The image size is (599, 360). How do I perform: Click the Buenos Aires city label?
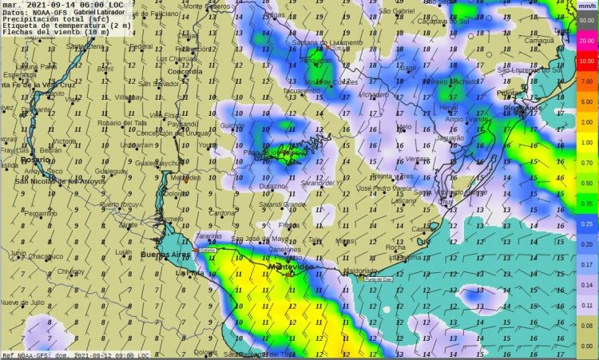[162, 255]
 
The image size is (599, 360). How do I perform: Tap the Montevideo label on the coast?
[289, 267]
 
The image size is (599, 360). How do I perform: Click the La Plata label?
[189, 273]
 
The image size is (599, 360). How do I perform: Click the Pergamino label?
[41, 214]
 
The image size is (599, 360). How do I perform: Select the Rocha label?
[395, 247]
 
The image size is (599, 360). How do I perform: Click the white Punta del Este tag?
[378, 279]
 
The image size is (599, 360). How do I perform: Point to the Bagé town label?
[408, 68]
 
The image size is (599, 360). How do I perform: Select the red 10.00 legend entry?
[586, 61]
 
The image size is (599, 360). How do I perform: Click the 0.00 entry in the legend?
[586, 346]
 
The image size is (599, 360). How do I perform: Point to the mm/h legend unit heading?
[586, 6]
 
